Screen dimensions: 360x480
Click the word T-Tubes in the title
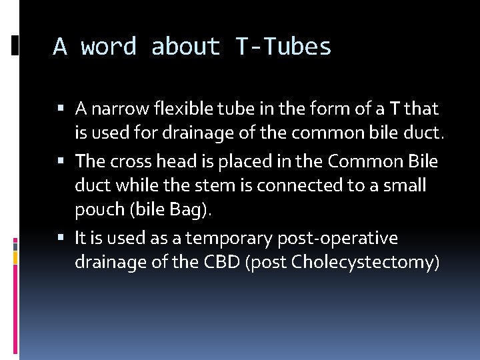283,47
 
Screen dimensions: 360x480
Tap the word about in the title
186,47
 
